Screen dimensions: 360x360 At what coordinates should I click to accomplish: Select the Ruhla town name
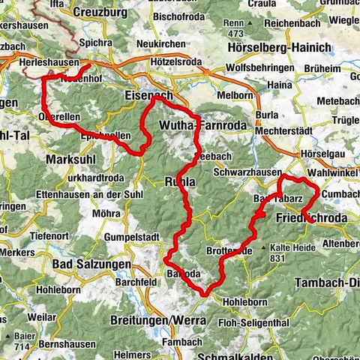point(181,181)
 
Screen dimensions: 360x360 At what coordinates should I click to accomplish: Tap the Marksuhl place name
point(72,160)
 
